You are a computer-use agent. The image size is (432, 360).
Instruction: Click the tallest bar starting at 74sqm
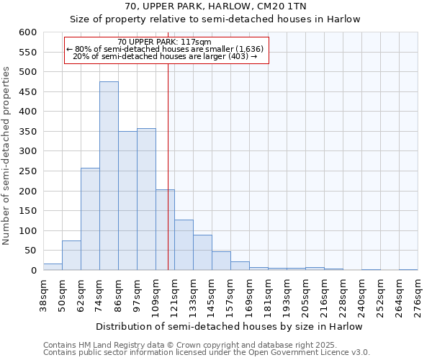click(109, 176)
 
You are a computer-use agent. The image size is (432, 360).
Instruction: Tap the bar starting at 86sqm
click(127, 201)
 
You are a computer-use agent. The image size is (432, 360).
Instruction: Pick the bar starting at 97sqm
click(146, 199)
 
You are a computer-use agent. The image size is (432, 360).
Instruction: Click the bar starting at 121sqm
click(184, 245)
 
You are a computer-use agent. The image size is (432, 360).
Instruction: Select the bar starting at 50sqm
click(71, 256)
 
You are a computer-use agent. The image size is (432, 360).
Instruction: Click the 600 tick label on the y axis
click(27, 32)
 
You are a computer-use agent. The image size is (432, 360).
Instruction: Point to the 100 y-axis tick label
click(27, 231)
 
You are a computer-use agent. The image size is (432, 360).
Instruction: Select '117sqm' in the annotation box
click(197, 42)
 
